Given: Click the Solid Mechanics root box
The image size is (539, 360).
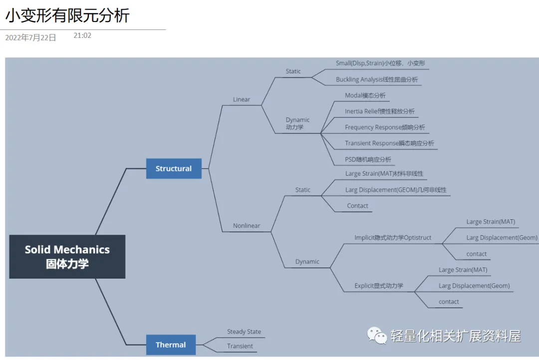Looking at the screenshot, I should point(67,257).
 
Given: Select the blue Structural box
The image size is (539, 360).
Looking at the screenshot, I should point(174,169).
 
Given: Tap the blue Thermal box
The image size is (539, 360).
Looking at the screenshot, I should point(171,345).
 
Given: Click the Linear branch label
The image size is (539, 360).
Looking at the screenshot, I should point(242,99).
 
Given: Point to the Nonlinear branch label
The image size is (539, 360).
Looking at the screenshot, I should point(247,226).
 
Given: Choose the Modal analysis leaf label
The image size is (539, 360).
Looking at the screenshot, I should point(365,95).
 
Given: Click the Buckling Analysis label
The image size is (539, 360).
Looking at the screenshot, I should point(377,79).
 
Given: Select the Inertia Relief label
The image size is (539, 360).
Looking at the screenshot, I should point(379,111).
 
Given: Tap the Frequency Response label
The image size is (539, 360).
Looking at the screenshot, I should point(385,127).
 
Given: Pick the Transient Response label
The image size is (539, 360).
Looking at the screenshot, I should point(389,143).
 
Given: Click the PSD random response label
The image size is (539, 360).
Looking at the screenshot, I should point(368,159).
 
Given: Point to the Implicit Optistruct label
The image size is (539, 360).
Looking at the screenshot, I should point(393,238).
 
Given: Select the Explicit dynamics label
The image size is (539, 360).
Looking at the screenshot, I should point(379,286).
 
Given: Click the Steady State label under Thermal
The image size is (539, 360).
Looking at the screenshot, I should point(244,332).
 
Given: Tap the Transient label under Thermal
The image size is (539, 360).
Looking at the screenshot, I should point(240,346).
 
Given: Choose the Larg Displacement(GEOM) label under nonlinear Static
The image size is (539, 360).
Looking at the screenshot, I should point(396,190).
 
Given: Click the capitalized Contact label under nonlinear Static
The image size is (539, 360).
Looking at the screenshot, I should point(357,206).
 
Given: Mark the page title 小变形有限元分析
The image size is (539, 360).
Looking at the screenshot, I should point(67,15).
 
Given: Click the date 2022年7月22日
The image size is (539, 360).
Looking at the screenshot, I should point(30,37).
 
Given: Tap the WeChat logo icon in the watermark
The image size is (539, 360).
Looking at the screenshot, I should point(377,336).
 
